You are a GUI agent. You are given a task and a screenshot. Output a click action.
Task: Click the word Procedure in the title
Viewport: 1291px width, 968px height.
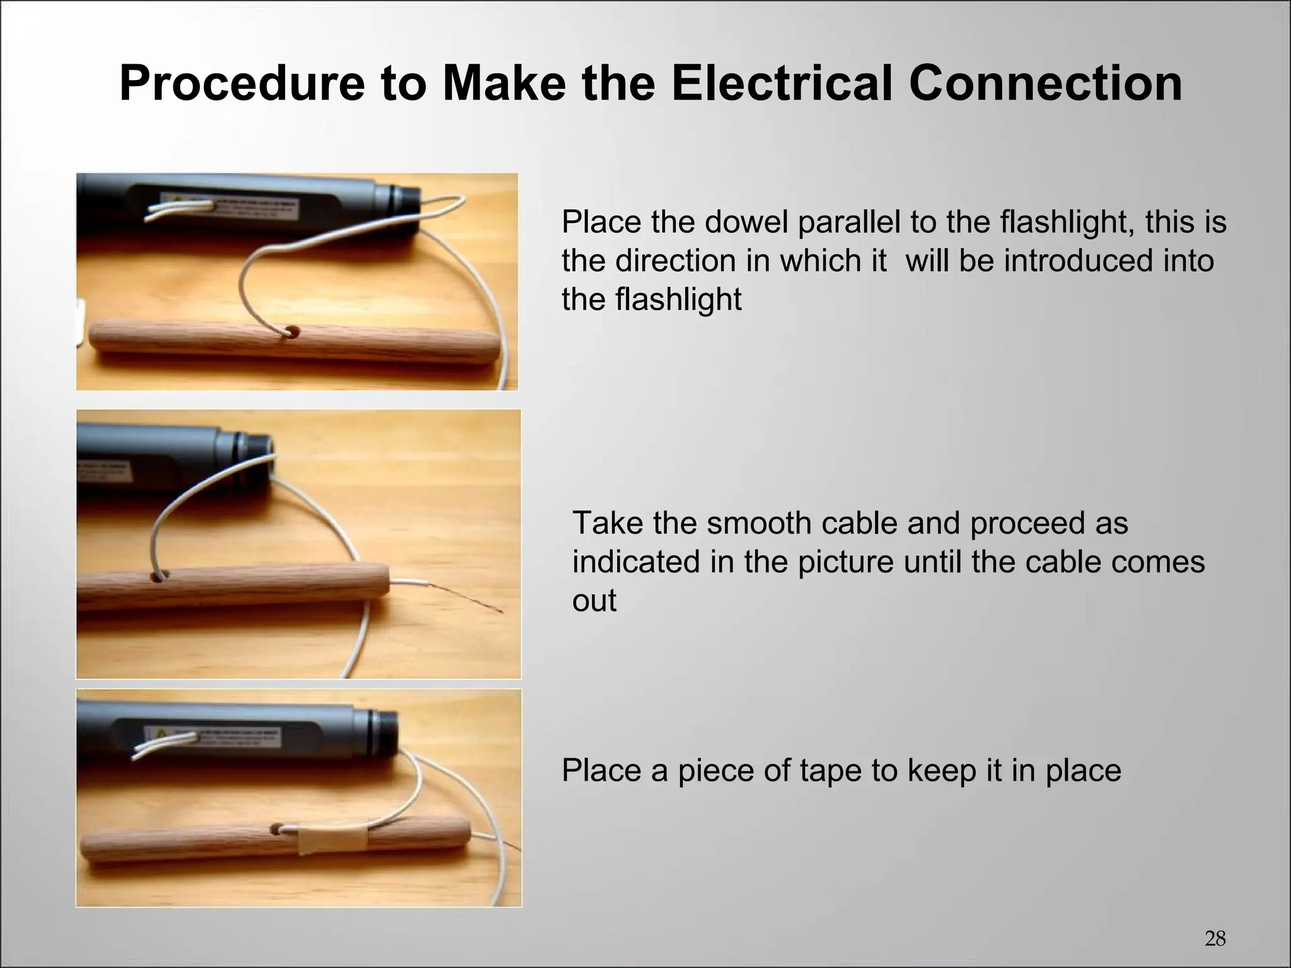coord(242,84)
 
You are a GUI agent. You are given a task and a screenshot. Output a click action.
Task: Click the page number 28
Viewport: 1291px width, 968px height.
coord(1215,939)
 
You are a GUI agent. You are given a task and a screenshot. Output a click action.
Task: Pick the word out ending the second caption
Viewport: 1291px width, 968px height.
coord(594,600)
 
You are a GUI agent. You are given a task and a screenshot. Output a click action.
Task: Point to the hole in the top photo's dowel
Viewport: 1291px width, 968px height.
coord(292,331)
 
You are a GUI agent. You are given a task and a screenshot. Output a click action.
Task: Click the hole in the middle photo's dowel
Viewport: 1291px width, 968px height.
coord(160,576)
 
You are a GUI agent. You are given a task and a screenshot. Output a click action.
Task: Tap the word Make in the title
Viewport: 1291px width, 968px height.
coord(503,84)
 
